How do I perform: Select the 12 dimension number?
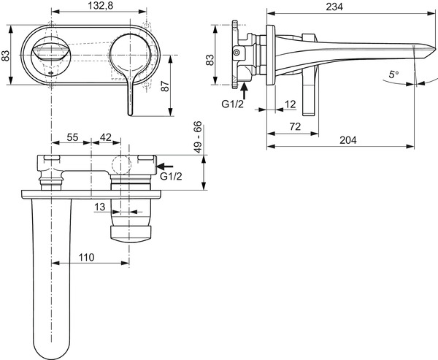click(291, 104)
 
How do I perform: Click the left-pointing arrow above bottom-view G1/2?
click(167, 166)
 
